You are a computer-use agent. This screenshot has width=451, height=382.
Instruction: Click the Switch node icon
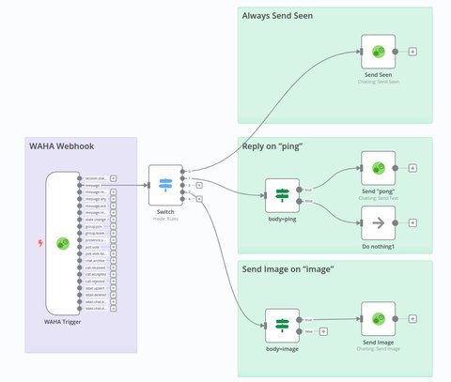coord(165,184)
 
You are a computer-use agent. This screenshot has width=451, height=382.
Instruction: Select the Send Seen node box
coord(377,53)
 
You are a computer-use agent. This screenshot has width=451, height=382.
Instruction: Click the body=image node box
coord(281,324)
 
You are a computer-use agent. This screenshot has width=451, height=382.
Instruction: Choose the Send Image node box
coord(377,319)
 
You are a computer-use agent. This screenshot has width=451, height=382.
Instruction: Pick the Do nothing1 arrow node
coord(377,222)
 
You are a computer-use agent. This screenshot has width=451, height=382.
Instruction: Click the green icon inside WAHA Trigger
coord(63,243)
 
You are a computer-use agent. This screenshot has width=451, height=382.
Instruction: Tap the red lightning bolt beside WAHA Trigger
coord(39,243)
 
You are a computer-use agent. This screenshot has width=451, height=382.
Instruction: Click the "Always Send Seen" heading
coord(277,16)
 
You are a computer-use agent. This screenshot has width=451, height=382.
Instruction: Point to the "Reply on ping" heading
coord(272,146)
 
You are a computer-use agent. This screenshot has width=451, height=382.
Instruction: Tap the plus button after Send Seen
coord(412,53)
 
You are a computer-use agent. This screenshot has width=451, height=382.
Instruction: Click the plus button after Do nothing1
coord(412,223)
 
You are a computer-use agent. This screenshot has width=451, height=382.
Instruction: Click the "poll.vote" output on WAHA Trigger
coord(93,247)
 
